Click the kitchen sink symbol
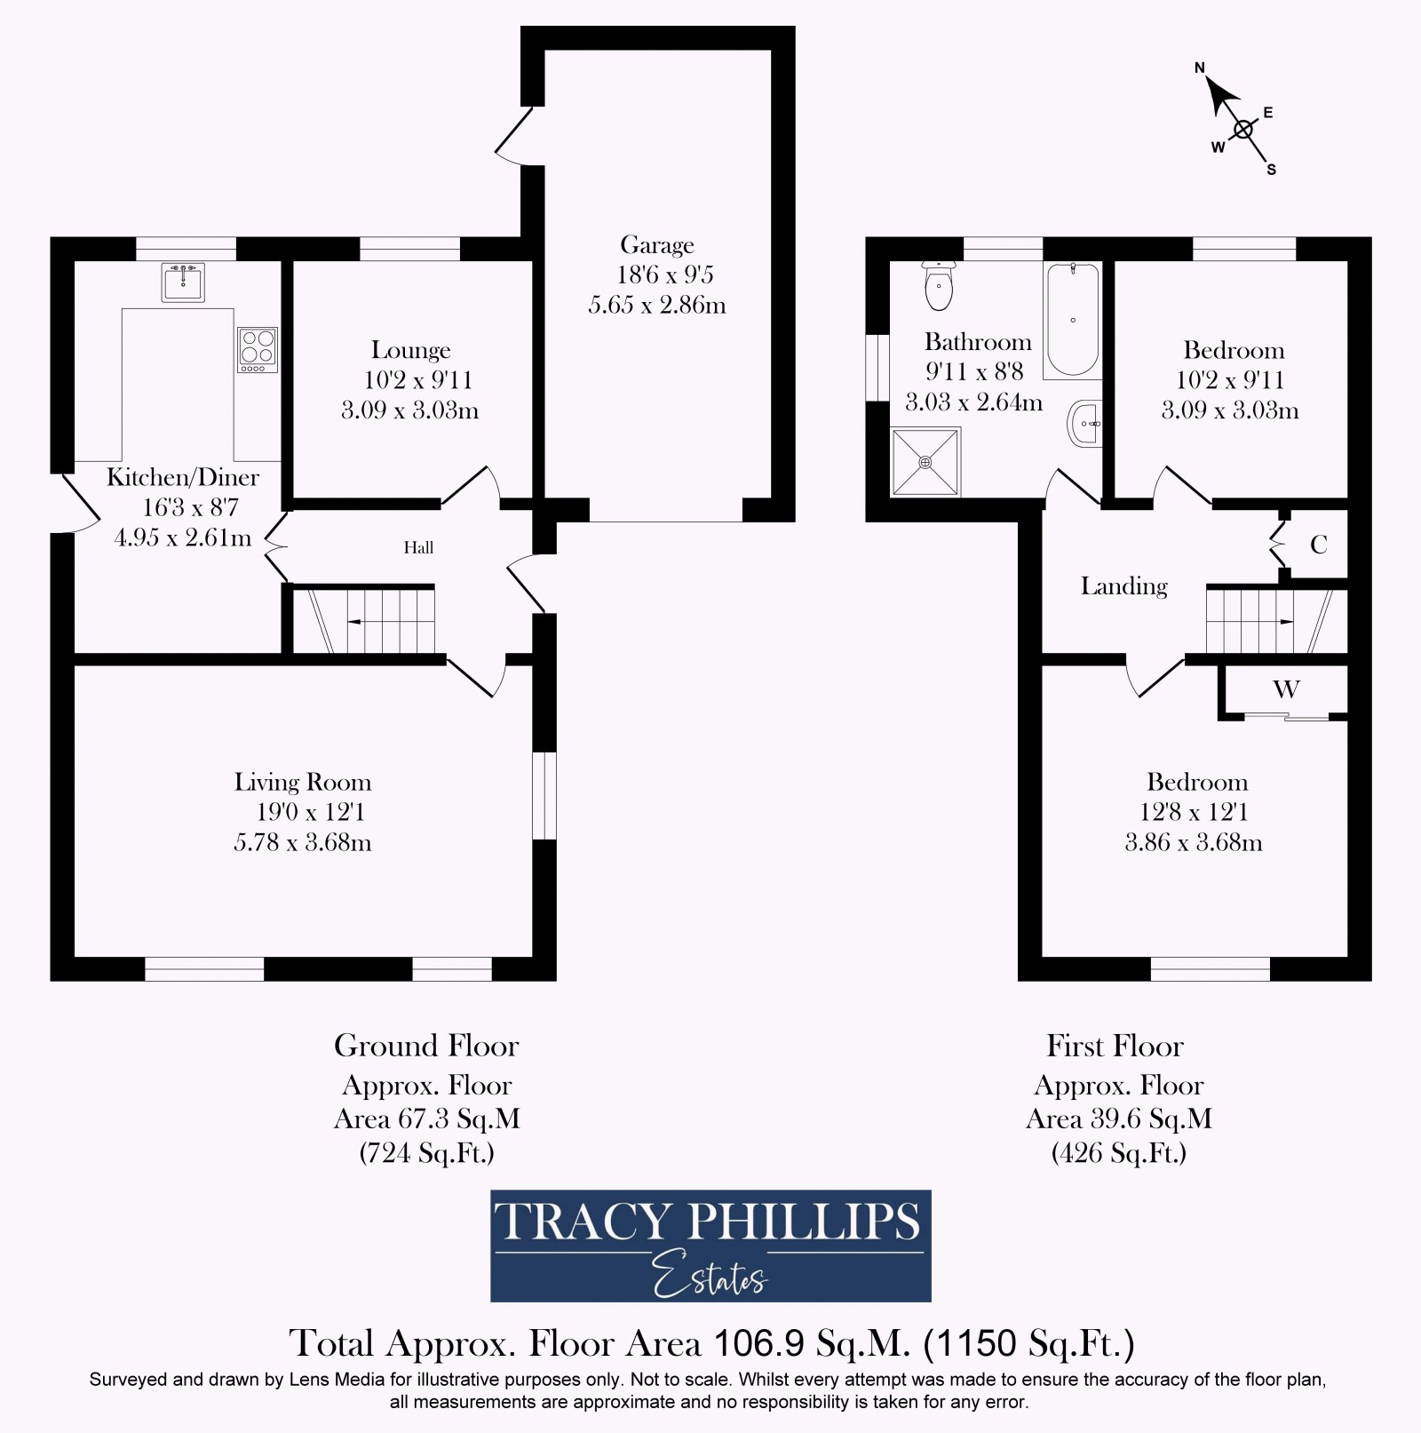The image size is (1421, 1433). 184,282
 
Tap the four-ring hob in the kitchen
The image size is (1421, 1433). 258,350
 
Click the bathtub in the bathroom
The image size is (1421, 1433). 1072,320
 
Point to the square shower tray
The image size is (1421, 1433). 925,462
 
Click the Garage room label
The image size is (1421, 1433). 656,244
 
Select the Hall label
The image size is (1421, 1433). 418,547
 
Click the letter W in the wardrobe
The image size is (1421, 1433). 1286,689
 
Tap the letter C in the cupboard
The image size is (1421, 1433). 1318,545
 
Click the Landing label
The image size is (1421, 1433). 1123,586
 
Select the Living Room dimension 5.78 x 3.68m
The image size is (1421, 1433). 302,841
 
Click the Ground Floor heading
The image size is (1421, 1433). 426,1046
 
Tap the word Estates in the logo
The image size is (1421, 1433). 710,1277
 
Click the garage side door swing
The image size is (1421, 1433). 512,136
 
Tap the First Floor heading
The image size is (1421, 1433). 1115,1046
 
